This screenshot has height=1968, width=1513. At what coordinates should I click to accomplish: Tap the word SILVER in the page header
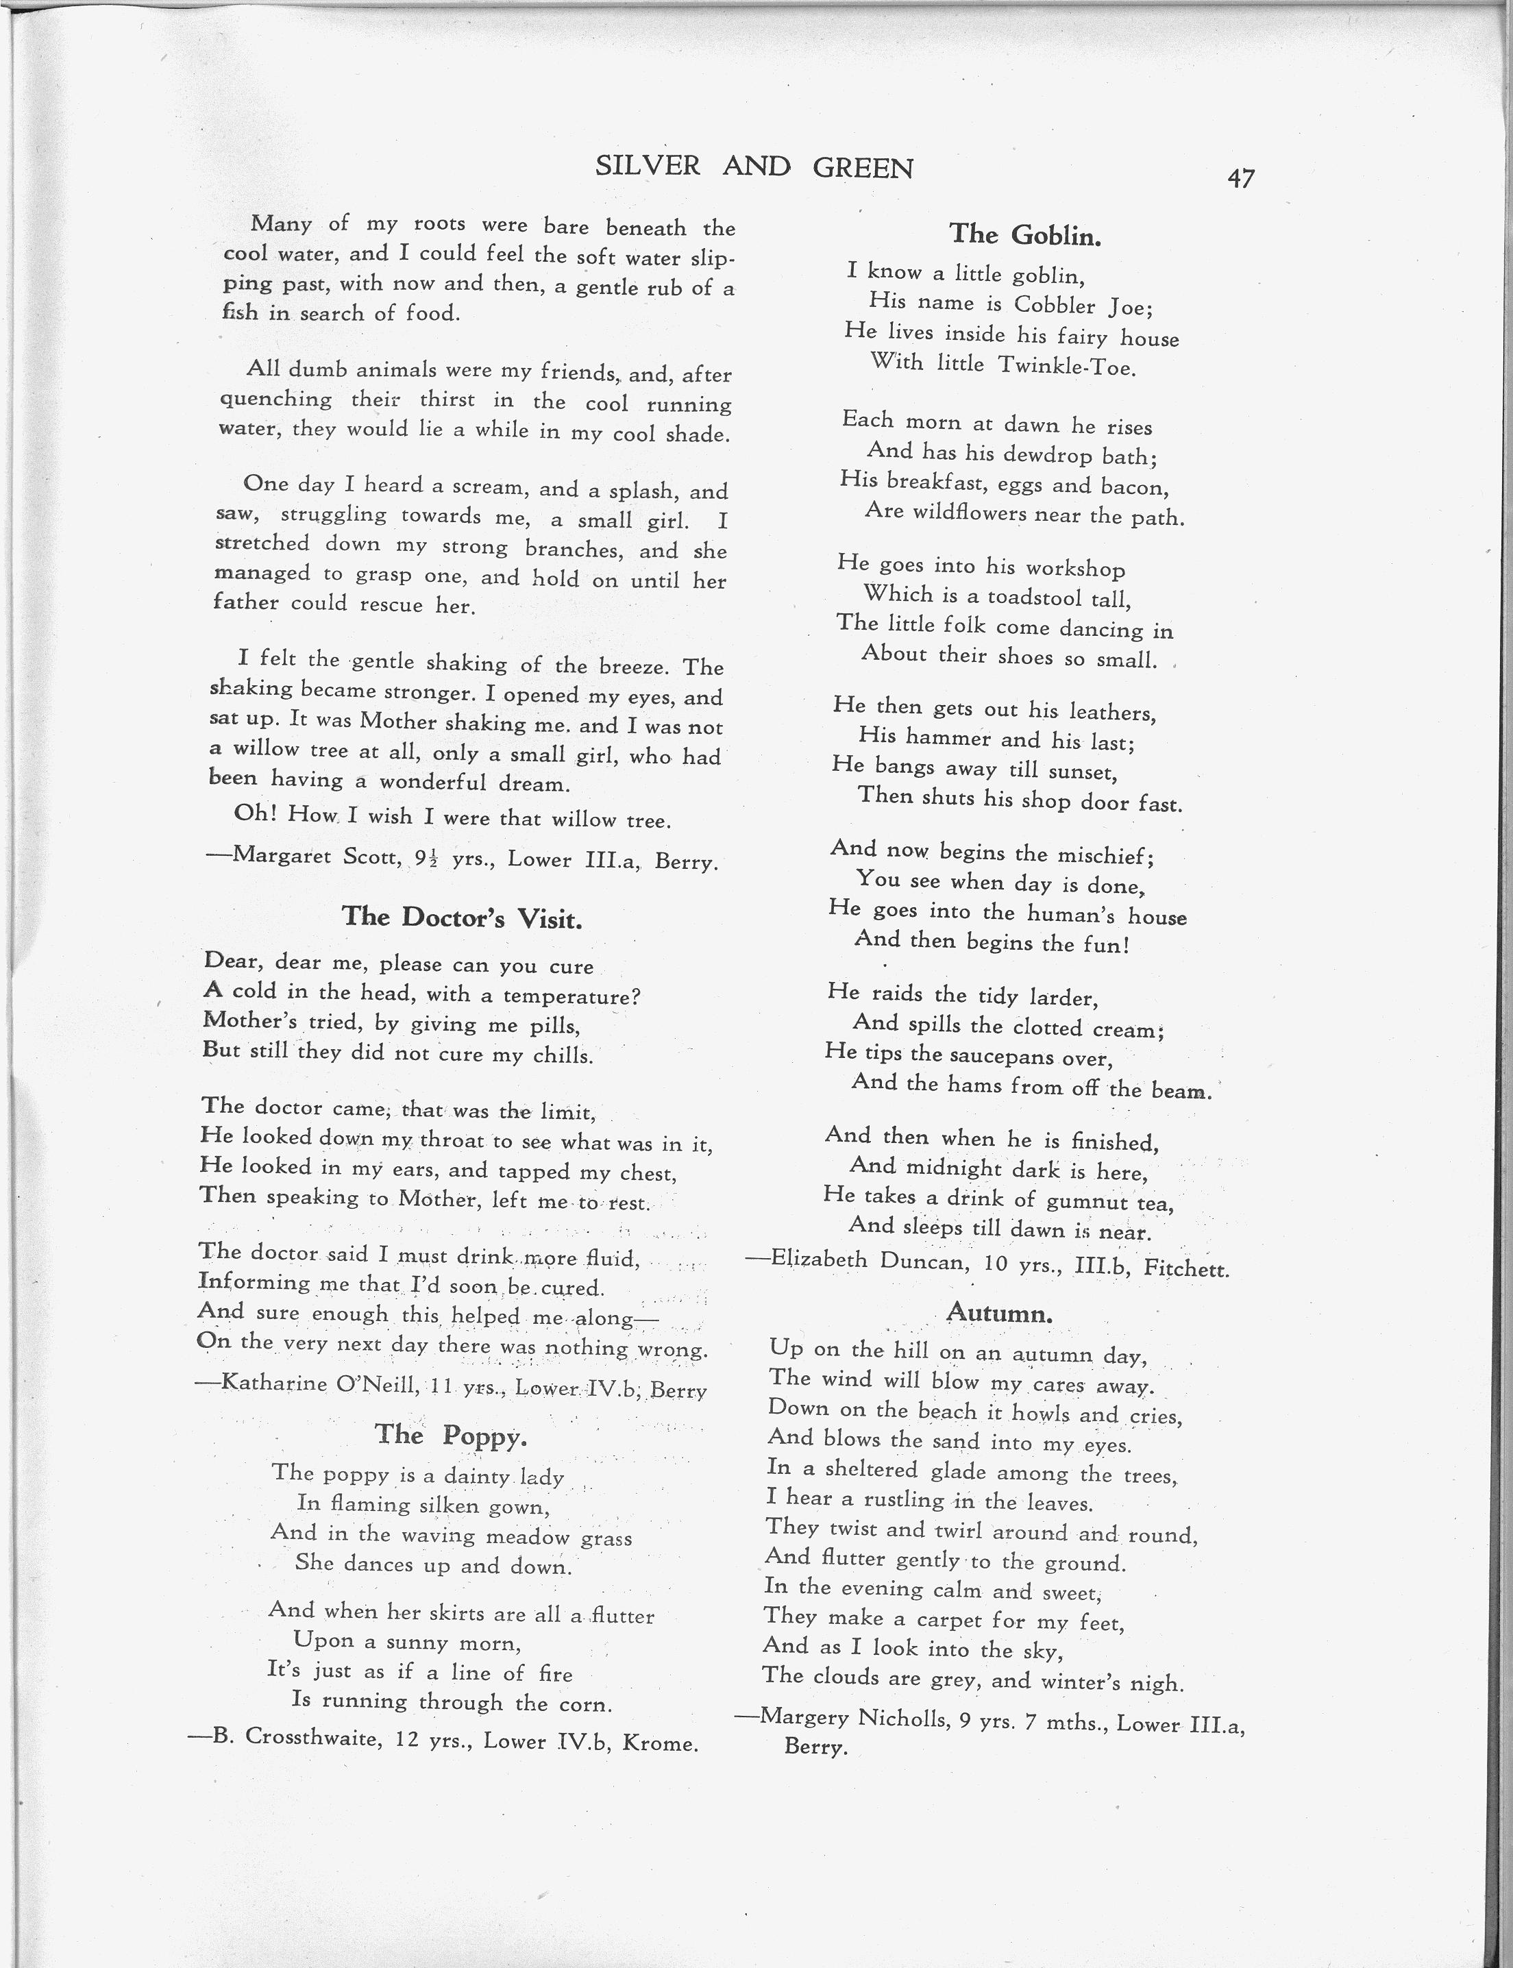(x=648, y=166)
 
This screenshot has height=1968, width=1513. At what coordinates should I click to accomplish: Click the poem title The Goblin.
(x=1025, y=235)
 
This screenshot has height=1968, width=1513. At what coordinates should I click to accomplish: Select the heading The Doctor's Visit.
(x=462, y=917)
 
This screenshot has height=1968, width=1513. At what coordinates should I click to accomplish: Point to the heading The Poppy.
(x=450, y=1435)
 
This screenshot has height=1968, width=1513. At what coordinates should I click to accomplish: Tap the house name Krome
(x=665, y=1743)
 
